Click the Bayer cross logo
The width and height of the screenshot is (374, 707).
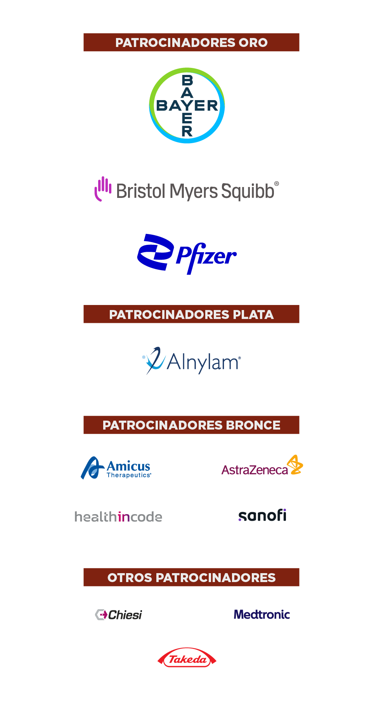pyautogui.click(x=187, y=106)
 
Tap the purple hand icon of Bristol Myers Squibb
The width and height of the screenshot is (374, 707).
pyautogui.click(x=102, y=189)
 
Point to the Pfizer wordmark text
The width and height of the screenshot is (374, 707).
pyautogui.click(x=206, y=256)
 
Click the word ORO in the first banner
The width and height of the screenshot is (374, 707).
pyautogui.click(x=253, y=43)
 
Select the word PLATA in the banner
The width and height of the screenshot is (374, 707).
pyautogui.click(x=253, y=315)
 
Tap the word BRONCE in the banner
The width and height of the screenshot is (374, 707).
pyautogui.click(x=253, y=425)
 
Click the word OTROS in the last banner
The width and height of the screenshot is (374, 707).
pyautogui.click(x=130, y=578)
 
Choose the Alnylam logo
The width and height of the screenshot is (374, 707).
pyautogui.click(x=191, y=361)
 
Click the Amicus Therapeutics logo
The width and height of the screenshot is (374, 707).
pyautogui.click(x=116, y=468)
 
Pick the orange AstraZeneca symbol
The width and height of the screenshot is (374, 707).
pyautogui.click(x=295, y=464)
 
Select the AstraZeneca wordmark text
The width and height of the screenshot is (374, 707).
pyautogui.click(x=255, y=470)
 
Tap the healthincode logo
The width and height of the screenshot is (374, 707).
pyautogui.click(x=118, y=517)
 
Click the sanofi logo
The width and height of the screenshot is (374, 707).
pyautogui.click(x=262, y=516)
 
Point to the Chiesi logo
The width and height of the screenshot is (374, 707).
pyautogui.click(x=119, y=615)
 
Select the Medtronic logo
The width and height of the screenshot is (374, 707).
pyautogui.click(x=262, y=615)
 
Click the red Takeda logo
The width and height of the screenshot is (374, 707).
pyautogui.click(x=187, y=658)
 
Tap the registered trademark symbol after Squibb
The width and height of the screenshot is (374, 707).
pyautogui.click(x=277, y=184)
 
